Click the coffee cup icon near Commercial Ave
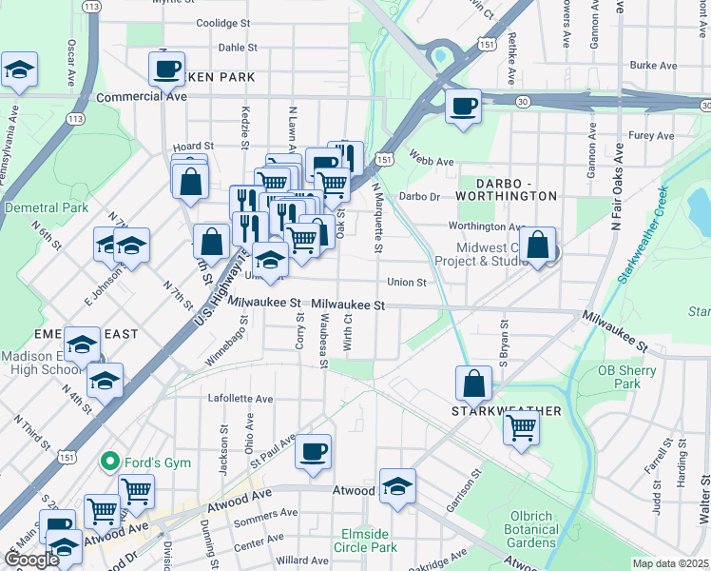tap(167, 69)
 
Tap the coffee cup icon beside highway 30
tap(463, 106)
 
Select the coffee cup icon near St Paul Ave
tap(313, 451)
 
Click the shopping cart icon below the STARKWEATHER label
tap(521, 427)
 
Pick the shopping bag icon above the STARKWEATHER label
tap(473, 384)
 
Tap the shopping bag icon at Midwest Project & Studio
tap(538, 244)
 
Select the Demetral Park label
tap(46, 207)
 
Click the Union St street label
tap(406, 282)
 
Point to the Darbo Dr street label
tap(419, 197)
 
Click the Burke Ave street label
tap(653, 66)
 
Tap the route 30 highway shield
tap(523, 101)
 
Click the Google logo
tap(31, 560)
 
